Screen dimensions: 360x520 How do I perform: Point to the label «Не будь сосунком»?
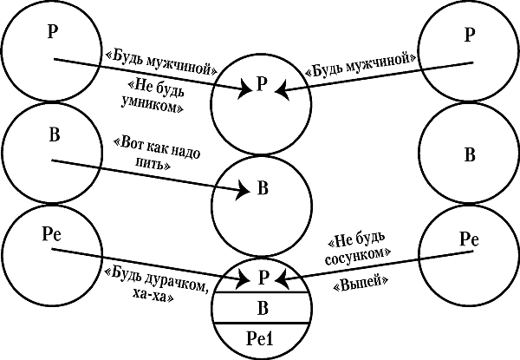361,245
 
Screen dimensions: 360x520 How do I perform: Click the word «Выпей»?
361,283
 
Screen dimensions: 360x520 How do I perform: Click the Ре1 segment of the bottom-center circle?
261,338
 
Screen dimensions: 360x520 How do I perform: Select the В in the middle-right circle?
470,156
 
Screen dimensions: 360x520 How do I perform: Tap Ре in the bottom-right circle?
469,238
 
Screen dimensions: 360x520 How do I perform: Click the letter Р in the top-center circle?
262,84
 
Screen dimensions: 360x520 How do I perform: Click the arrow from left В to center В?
147,173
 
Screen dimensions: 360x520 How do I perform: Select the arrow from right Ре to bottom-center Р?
373,264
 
